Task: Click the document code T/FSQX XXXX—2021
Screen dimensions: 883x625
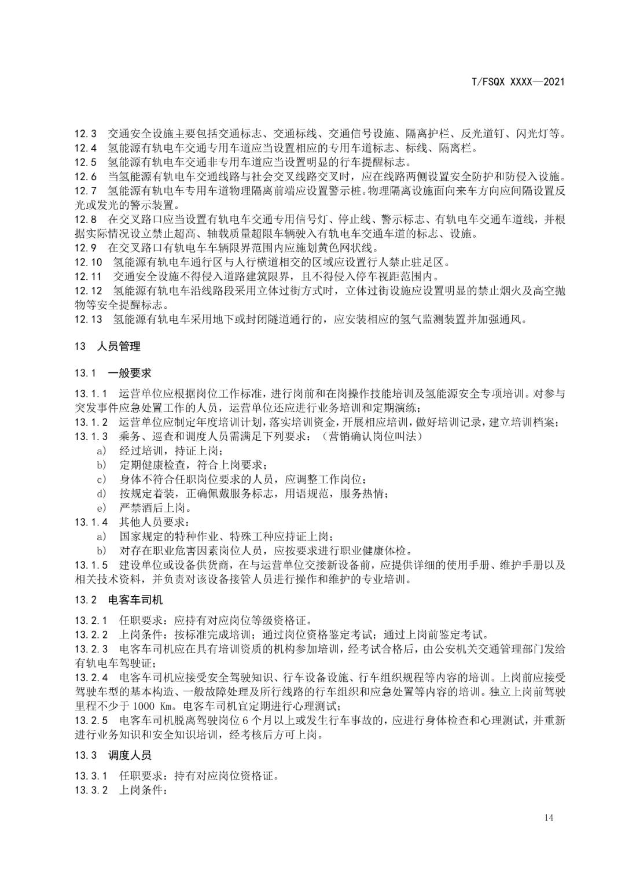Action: coord(518,82)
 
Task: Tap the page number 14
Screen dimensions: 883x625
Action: coord(549,817)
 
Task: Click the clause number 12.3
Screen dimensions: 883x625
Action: coord(86,134)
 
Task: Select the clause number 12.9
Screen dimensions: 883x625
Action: coord(86,248)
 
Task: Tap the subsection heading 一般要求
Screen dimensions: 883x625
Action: coord(130,373)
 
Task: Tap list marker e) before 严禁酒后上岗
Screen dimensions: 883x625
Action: coord(102,508)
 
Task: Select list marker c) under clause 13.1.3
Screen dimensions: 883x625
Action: coord(102,479)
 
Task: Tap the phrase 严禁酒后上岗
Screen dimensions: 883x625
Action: coord(155,508)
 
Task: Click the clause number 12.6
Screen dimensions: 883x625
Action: coord(86,177)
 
